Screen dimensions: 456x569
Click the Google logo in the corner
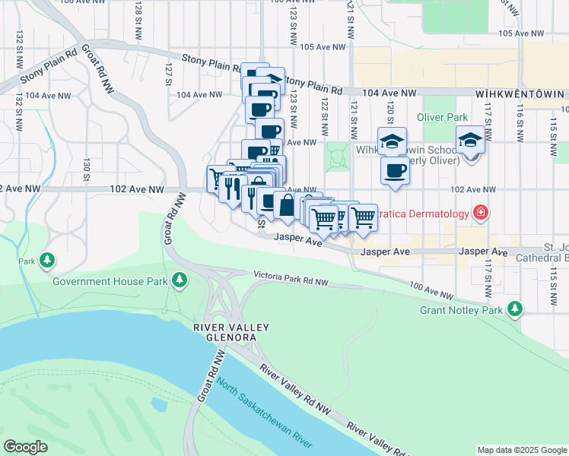click(x=26, y=447)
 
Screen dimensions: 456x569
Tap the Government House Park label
click(x=110, y=281)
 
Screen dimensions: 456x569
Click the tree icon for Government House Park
click(x=180, y=281)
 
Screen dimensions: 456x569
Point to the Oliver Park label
click(x=442, y=117)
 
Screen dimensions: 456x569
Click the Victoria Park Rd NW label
click(x=291, y=276)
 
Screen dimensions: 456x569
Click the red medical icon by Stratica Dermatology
click(x=480, y=212)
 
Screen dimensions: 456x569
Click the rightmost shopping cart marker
click(x=364, y=217)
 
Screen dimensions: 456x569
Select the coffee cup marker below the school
click(x=394, y=171)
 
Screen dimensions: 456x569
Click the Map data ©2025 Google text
click(x=521, y=450)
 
